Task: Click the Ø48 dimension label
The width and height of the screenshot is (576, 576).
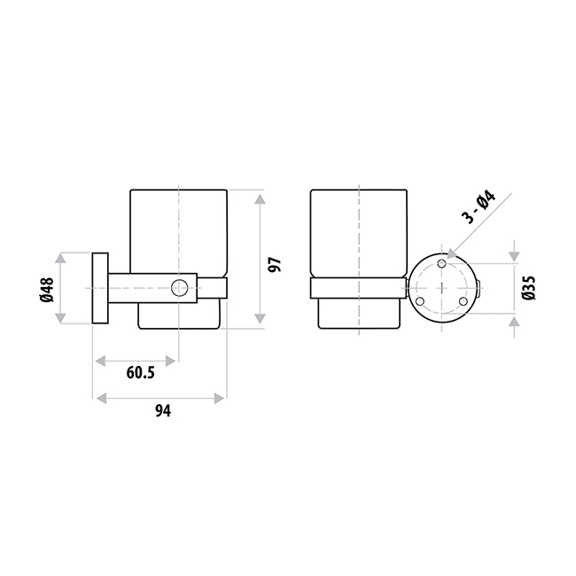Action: point(47,290)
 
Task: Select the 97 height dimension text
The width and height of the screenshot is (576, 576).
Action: point(275,264)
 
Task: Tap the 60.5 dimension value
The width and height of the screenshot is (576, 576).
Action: point(140,373)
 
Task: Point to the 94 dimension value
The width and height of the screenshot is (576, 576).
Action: point(163,410)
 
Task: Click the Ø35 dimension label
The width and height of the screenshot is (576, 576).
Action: point(529,288)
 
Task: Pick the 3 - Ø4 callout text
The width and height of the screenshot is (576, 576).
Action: point(479,207)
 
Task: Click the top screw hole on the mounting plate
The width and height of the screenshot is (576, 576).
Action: point(442,263)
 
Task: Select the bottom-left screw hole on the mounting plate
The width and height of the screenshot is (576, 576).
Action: point(420,301)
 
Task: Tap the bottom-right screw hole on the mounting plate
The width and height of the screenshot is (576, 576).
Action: point(463,301)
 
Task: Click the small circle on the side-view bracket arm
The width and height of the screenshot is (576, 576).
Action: point(179,288)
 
